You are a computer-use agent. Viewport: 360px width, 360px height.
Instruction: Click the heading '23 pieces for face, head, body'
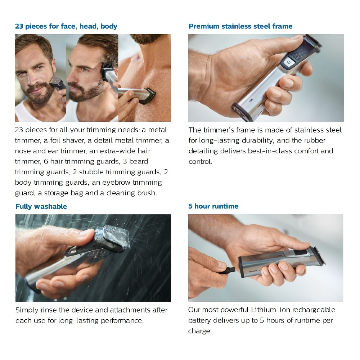click(66, 26)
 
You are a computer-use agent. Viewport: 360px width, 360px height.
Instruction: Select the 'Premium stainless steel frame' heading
click(240, 26)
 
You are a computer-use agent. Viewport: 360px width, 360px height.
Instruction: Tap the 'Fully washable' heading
click(41, 206)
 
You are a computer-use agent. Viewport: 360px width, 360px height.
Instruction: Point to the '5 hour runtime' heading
click(213, 206)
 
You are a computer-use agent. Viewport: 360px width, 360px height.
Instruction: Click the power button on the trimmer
click(288, 62)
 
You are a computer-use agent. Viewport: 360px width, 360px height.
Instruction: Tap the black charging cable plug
click(230, 269)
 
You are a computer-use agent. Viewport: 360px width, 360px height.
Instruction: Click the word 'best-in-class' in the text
click(269, 151)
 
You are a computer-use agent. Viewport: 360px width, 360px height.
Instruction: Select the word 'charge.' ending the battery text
click(200, 331)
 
